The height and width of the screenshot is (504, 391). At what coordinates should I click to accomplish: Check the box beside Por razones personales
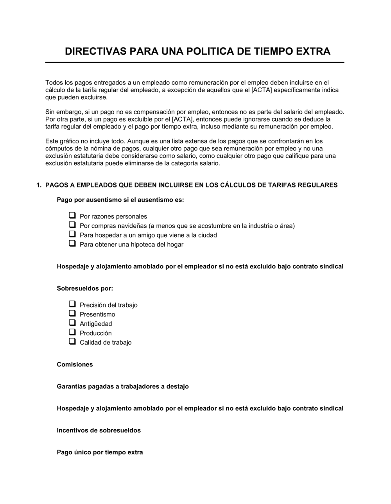[x=72, y=215]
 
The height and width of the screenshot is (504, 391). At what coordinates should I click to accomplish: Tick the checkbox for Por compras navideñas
[x=72, y=225]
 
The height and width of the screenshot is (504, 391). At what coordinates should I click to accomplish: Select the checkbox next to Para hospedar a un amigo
[x=72, y=234]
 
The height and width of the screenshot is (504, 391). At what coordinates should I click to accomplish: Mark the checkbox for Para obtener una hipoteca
[x=72, y=243]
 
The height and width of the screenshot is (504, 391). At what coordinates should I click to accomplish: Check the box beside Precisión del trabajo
[x=72, y=304]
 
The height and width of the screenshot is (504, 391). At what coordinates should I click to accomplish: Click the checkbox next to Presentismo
[x=72, y=313]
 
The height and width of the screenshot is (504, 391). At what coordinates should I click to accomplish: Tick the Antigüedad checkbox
[x=72, y=323]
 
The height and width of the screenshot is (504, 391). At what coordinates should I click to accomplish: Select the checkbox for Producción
[x=72, y=332]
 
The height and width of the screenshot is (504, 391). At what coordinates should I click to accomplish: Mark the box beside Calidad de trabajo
[x=72, y=341]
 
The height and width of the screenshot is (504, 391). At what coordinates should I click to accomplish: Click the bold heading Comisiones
[x=75, y=365]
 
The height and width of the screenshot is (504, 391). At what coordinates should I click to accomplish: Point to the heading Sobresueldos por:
[x=85, y=289]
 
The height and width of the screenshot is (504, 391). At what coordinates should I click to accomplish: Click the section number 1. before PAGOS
[x=38, y=185]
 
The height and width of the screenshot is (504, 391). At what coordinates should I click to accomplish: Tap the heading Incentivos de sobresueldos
[x=99, y=431]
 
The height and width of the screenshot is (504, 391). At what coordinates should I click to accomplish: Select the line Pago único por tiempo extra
[x=100, y=452]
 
